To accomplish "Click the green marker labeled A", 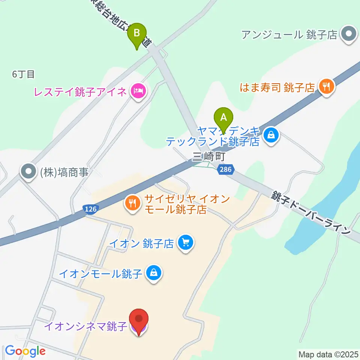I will point(223,119).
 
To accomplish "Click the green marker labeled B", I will point(137,35).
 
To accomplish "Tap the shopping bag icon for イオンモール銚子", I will point(154,273).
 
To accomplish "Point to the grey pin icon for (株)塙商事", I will point(28,172).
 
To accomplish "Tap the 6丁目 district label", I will point(23,74).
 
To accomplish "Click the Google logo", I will point(25,351).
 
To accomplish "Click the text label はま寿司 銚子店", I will point(278,88).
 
